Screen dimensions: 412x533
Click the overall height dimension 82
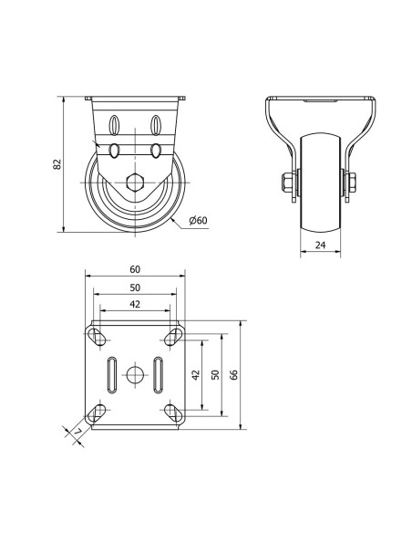click(x=57, y=164)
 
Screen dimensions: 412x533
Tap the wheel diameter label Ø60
click(x=198, y=221)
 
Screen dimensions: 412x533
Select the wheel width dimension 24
click(x=320, y=245)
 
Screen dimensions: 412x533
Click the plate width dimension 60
click(x=135, y=269)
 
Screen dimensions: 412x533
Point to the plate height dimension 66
click(x=234, y=374)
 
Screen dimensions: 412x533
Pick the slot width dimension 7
click(x=78, y=432)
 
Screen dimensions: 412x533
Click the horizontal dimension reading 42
click(x=135, y=304)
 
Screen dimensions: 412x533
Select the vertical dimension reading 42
click(x=196, y=374)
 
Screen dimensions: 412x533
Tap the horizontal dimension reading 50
click(x=135, y=287)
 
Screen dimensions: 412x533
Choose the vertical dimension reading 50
click(x=215, y=374)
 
